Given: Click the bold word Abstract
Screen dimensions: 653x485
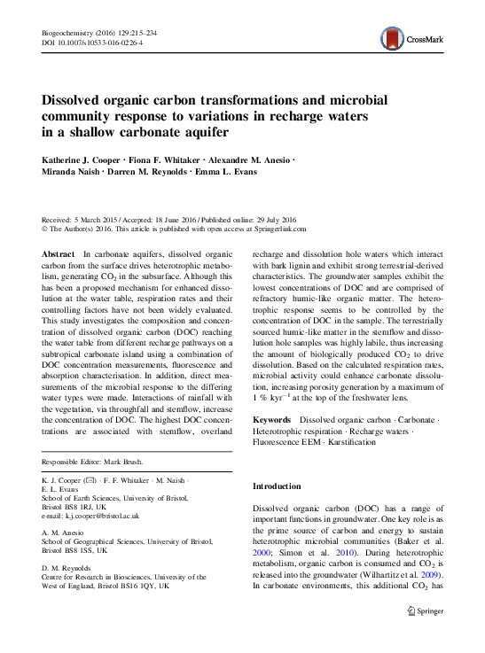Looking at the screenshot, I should pyautogui.click(x=59, y=254).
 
